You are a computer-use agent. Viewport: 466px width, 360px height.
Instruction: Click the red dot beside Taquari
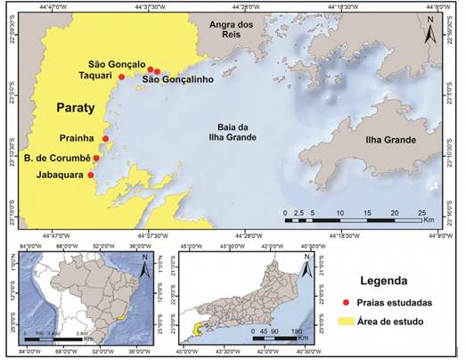point(121,77)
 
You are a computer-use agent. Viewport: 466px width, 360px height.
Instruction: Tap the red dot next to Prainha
point(105,138)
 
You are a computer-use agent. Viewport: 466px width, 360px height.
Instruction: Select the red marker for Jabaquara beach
point(91,175)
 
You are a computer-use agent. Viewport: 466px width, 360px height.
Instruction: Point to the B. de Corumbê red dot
point(96,158)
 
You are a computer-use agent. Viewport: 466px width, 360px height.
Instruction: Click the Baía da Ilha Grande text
point(237,132)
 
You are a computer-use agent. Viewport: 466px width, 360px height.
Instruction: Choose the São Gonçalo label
point(118,64)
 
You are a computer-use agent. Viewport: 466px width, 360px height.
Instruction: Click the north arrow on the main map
point(429,32)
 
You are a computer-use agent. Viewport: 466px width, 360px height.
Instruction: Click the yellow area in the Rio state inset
point(193,329)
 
